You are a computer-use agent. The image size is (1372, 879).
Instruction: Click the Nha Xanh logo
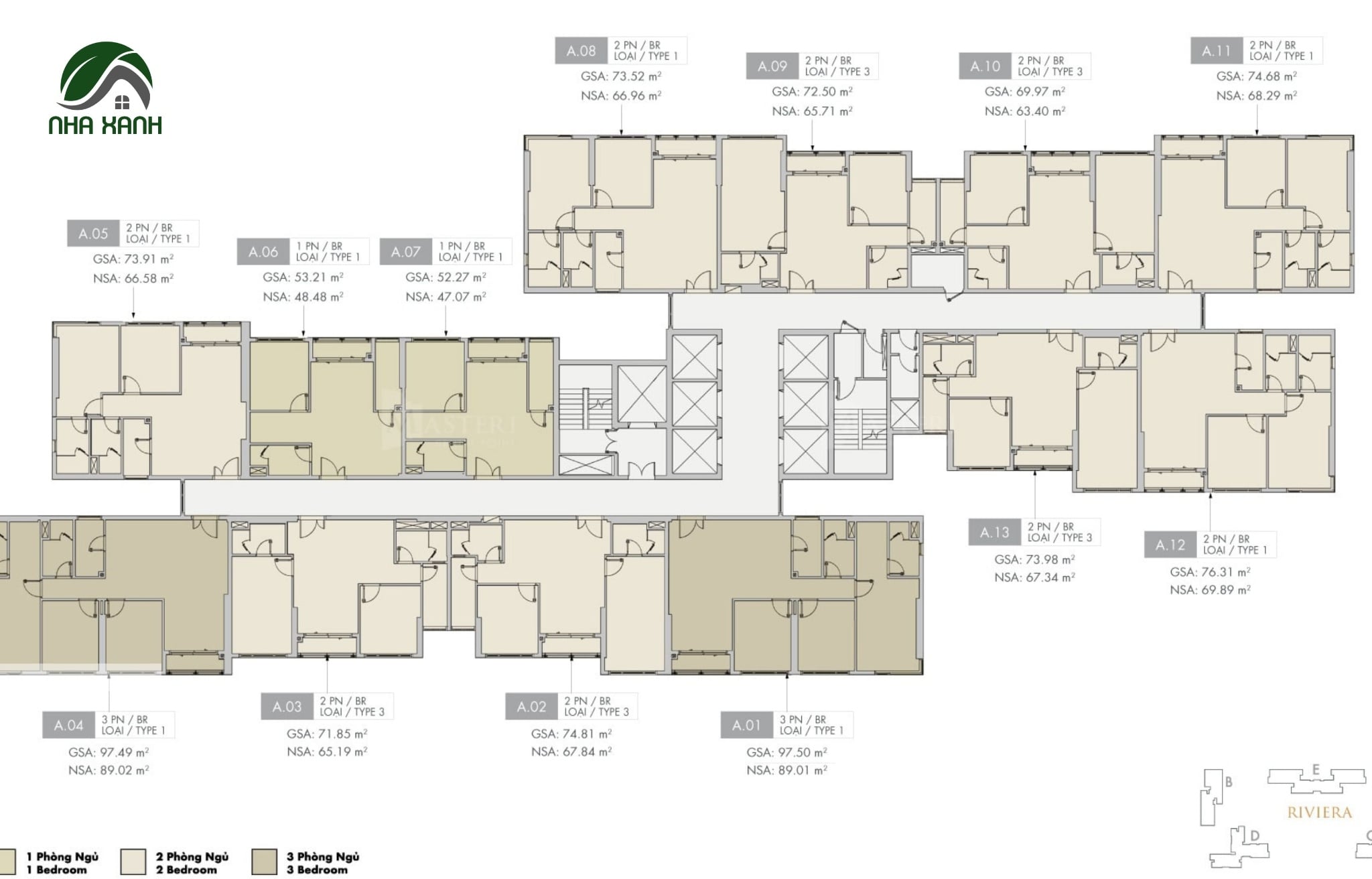(x=105, y=88)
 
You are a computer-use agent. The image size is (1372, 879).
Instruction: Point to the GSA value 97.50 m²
(x=787, y=752)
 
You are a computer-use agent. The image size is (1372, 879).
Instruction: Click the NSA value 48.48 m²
(x=303, y=296)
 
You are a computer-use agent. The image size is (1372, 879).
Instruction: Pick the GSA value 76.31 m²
(x=1210, y=572)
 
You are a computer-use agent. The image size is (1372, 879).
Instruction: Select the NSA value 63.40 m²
(x=1025, y=111)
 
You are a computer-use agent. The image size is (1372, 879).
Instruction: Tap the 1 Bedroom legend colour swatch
(x=6, y=862)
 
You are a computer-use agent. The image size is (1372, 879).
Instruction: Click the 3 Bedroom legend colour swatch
(x=264, y=862)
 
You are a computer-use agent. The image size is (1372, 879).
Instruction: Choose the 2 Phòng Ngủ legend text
(x=192, y=856)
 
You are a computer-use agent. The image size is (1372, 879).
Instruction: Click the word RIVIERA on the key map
(x=1319, y=812)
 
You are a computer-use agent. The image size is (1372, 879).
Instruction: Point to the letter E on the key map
(x=1316, y=770)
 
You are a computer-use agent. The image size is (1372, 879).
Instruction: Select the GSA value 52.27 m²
(x=445, y=277)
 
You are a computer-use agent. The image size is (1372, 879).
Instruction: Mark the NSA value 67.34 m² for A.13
(x=1034, y=577)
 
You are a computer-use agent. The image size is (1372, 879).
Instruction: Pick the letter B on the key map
(x=1229, y=782)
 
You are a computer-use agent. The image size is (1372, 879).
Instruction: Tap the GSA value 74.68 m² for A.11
(x=1257, y=76)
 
